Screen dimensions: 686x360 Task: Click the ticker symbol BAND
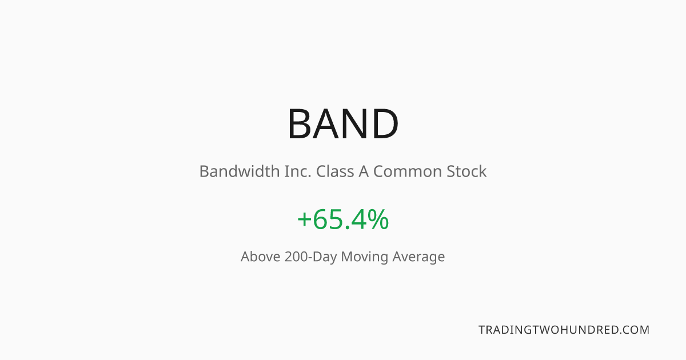343,123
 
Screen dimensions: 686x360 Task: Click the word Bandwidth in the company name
240,171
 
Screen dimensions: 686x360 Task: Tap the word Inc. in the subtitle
298,171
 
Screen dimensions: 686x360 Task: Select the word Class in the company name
335,171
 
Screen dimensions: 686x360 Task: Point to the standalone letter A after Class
364,171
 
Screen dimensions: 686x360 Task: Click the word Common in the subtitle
407,171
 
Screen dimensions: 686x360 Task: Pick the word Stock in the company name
466,171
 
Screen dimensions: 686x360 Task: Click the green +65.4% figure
343,219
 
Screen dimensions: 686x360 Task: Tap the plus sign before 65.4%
304,219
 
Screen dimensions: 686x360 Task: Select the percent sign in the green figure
378,219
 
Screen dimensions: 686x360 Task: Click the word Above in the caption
260,257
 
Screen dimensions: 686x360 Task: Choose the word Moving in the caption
365,257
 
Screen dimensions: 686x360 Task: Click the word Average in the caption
418,257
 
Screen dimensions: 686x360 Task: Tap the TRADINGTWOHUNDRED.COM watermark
564,330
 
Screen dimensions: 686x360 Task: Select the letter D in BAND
386,123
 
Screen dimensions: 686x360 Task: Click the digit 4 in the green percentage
359,219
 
